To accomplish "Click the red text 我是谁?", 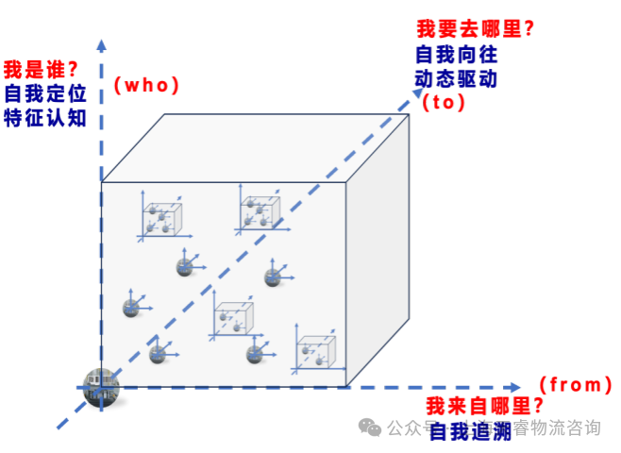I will (40, 70).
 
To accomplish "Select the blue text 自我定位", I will (45, 93).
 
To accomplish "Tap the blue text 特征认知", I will (45, 118).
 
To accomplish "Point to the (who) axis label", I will (146, 85).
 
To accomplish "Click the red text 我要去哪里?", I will (476, 29).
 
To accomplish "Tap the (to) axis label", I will (444, 103).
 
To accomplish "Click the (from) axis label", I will (575, 384).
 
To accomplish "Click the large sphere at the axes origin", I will (100, 388).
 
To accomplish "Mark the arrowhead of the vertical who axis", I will (101, 42).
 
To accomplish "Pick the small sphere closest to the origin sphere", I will (158, 354).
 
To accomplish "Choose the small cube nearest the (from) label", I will (316, 352).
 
